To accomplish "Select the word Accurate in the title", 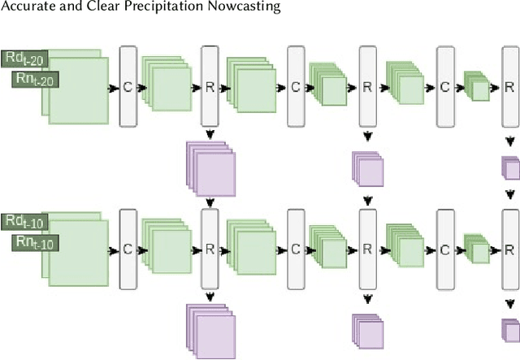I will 30,7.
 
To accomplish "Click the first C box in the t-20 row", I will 128,86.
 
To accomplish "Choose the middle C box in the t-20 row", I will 296,86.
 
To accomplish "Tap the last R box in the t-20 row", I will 509,86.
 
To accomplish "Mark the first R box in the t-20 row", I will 210,86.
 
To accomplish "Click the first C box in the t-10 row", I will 128,249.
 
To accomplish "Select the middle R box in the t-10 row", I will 367,249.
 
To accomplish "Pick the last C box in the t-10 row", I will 445,249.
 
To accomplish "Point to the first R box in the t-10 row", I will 210,249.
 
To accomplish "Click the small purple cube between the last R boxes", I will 510,168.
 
